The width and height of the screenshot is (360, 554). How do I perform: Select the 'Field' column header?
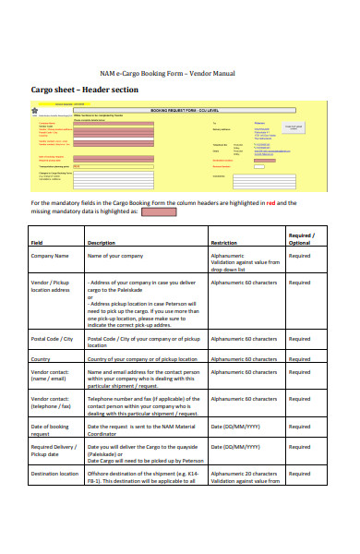[x=39, y=242]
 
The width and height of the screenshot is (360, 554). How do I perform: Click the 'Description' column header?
[x=101, y=242]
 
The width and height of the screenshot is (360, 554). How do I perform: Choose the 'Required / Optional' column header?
[x=301, y=238]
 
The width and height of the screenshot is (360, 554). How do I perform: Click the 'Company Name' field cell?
[x=50, y=255]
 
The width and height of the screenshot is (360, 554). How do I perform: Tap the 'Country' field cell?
[x=41, y=358]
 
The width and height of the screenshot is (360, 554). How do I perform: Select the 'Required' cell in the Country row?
[x=299, y=358]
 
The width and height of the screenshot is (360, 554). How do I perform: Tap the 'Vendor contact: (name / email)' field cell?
[x=52, y=376]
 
